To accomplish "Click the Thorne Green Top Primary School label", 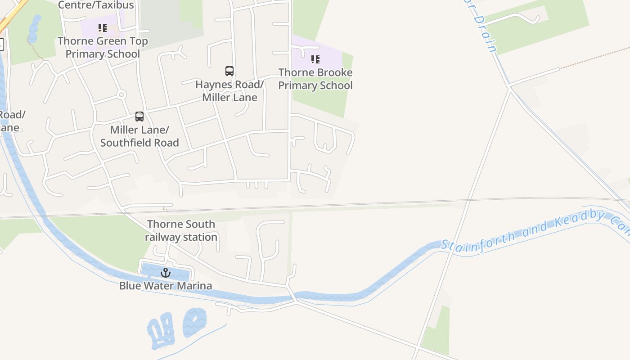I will (x=103, y=47).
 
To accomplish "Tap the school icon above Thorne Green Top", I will (x=103, y=28).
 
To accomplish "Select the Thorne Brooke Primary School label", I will (x=315, y=79).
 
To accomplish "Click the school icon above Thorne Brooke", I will (x=315, y=59).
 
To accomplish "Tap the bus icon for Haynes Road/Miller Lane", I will (x=229, y=71).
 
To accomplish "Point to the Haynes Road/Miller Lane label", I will (x=229, y=91).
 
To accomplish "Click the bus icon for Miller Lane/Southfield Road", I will (x=139, y=117).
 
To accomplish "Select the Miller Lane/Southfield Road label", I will (x=139, y=136).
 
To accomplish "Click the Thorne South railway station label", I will (x=181, y=230).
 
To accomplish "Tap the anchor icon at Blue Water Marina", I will (x=166, y=272).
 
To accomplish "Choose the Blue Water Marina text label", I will (x=166, y=286).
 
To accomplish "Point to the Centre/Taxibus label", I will (x=96, y=5).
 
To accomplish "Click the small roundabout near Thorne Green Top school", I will (x=121, y=94).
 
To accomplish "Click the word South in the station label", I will (x=200, y=224).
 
